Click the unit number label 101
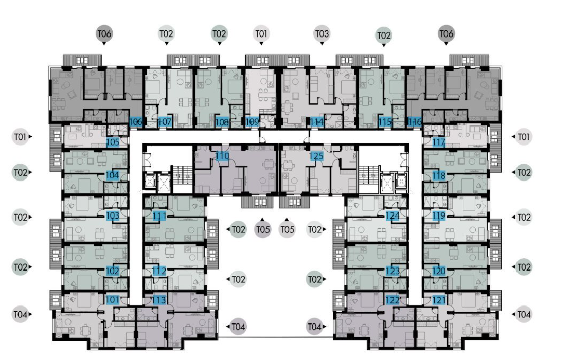coord(113,299)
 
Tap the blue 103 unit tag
coord(113,216)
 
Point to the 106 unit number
coord(136,122)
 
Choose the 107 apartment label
coord(165,122)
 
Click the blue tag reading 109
coord(252,122)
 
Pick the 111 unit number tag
coord(159,216)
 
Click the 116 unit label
coord(415,122)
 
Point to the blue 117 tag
coord(438,142)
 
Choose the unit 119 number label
coord(438,216)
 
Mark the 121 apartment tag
coord(438,300)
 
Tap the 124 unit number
coord(392,216)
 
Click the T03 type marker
coord(322,34)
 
